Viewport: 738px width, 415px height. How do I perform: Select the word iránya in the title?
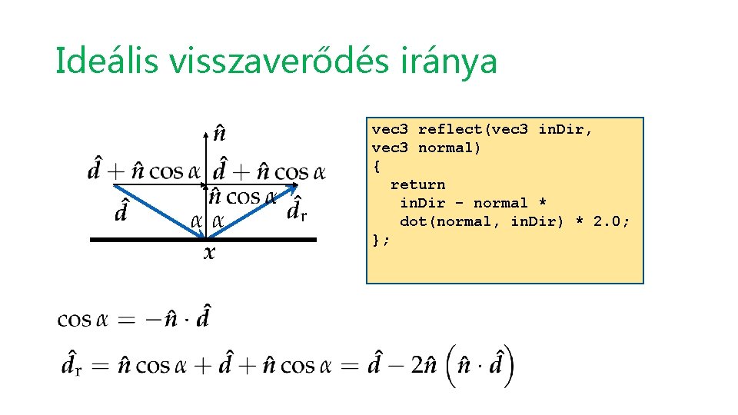point(459,61)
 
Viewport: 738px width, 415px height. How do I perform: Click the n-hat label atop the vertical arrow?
point(219,134)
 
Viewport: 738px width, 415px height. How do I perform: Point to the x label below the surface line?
point(208,252)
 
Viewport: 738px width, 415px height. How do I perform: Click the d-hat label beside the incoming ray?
point(121,210)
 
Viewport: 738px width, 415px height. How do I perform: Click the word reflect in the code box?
point(445,129)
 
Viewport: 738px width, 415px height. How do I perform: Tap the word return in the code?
point(417,184)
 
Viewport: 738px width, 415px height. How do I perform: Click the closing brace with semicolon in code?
point(381,240)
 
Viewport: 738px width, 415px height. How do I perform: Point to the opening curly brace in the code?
point(377,166)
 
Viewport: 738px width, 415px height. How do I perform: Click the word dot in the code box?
point(413,221)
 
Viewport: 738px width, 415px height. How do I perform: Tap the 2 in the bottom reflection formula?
point(415,364)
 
